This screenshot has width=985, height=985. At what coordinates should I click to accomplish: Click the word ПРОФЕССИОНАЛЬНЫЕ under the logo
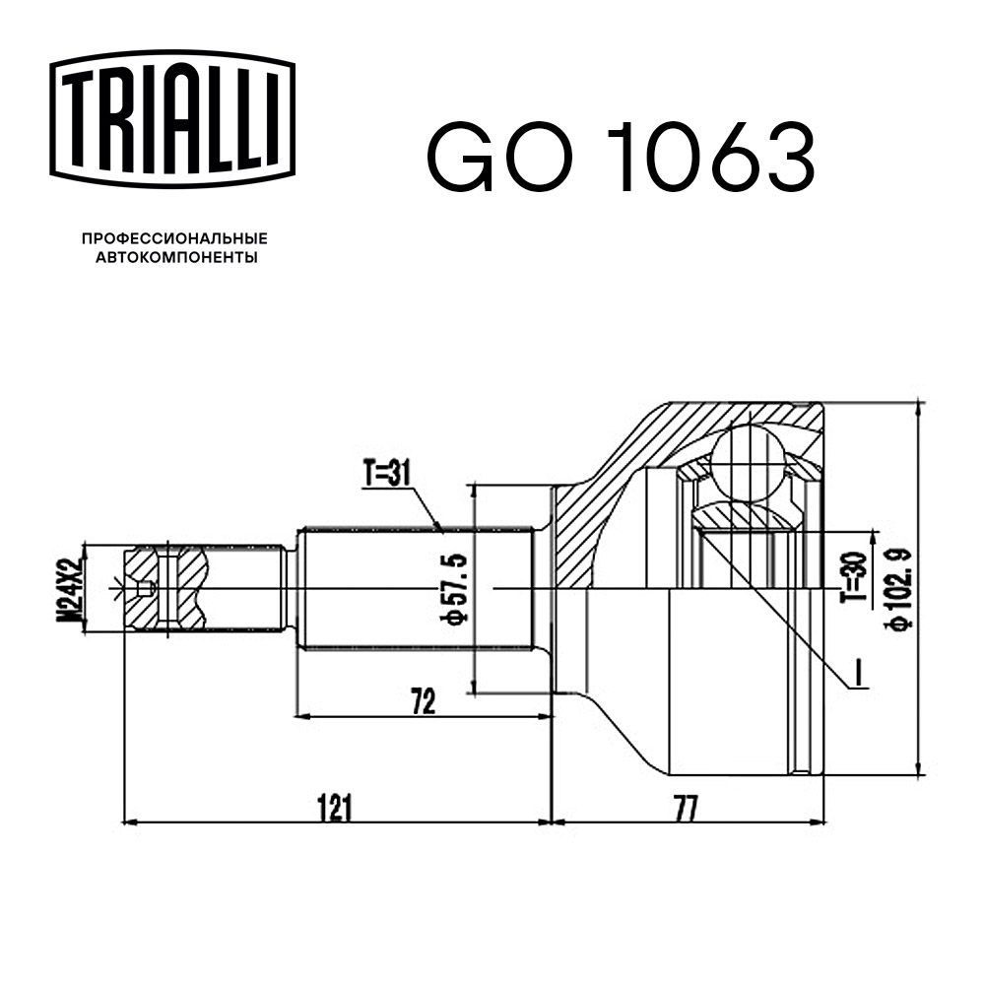174,238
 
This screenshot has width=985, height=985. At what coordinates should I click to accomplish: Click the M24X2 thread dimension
68,588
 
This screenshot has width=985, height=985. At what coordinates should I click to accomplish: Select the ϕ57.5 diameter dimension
456,588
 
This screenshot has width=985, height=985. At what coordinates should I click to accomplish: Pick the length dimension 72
424,701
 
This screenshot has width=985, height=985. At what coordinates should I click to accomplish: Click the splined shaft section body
414,588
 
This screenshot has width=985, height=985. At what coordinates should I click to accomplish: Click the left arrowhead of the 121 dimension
127,820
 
